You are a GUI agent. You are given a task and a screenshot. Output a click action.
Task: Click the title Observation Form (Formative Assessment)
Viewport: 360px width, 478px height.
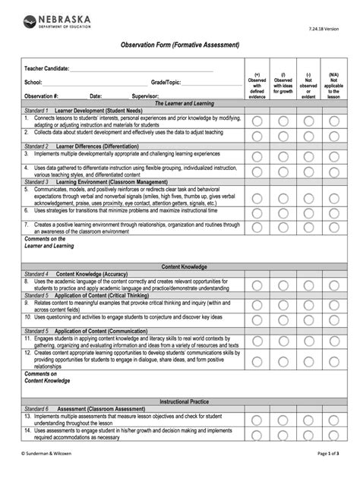[x=180, y=46]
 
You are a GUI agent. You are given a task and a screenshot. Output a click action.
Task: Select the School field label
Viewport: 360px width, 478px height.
[x=33, y=82]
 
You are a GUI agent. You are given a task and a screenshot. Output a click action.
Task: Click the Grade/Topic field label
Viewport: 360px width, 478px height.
[x=166, y=82]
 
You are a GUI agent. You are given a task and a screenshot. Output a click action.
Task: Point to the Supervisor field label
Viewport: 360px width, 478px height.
[x=145, y=96]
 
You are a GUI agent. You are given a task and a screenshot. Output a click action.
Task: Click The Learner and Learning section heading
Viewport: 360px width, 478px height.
[x=184, y=103]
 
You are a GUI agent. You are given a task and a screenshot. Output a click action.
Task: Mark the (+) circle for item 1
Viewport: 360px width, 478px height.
[x=257, y=121]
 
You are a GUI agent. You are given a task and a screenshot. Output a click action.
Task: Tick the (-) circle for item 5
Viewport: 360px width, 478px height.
[x=308, y=196]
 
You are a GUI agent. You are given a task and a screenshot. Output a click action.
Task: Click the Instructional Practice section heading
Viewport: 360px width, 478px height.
[x=184, y=401]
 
